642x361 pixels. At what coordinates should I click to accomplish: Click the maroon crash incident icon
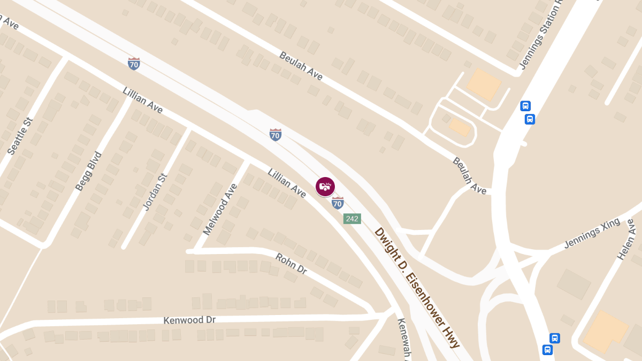click(x=325, y=186)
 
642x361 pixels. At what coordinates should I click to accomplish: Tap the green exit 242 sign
click(x=352, y=218)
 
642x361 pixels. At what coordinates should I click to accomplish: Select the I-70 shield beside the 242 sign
click(x=337, y=203)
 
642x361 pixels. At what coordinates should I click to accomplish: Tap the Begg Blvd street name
click(x=88, y=171)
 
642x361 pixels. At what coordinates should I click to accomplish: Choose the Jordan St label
click(x=156, y=191)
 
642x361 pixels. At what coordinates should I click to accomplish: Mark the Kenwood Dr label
click(x=189, y=320)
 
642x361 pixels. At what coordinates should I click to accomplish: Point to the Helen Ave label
click(x=628, y=240)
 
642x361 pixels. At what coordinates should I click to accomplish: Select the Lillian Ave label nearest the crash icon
click(x=287, y=183)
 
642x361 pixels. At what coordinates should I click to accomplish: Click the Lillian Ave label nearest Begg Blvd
click(x=142, y=100)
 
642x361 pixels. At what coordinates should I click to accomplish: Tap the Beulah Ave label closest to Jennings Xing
click(x=469, y=175)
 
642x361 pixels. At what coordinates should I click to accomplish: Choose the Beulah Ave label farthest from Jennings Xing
click(x=301, y=66)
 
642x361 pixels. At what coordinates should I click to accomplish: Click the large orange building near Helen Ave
click(x=606, y=332)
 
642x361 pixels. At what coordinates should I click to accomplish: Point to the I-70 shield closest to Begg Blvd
click(x=134, y=64)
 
